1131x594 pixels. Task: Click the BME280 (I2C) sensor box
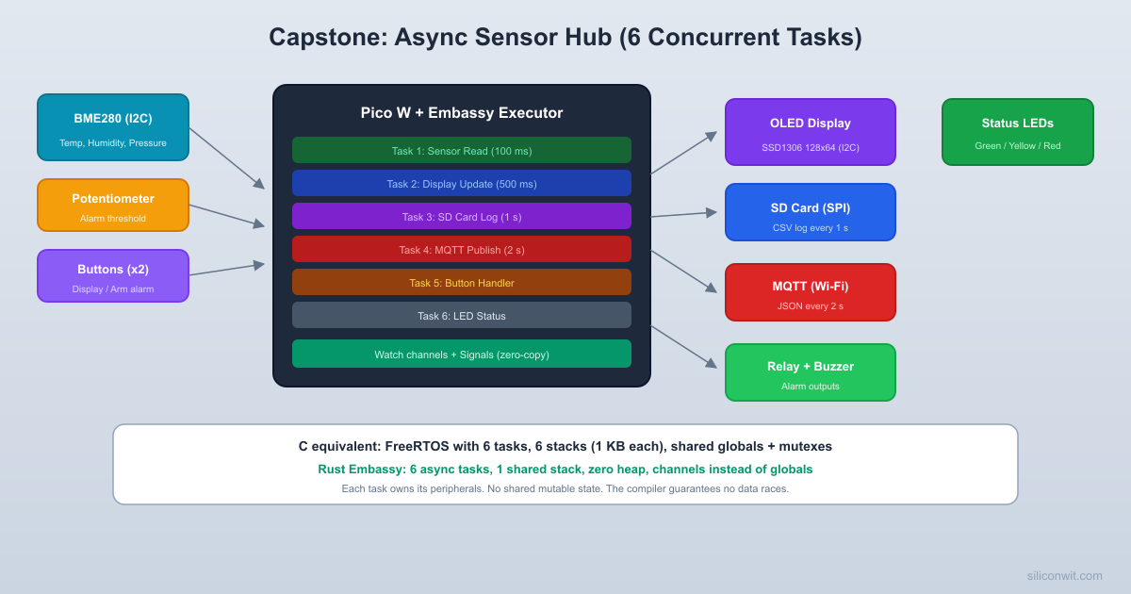pyautogui.click(x=113, y=127)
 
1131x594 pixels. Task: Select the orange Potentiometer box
pyautogui.click(x=113, y=205)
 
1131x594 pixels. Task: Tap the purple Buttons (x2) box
pyautogui.click(x=113, y=275)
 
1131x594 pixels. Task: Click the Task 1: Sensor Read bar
pyautogui.click(x=461, y=150)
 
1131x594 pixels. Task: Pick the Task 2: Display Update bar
pyautogui.click(x=461, y=183)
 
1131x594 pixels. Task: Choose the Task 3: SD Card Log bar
pyautogui.click(x=461, y=216)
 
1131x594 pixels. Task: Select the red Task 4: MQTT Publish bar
pyautogui.click(x=461, y=249)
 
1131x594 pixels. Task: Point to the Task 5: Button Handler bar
pyautogui.click(x=461, y=282)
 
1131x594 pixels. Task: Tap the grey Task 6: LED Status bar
pyautogui.click(x=461, y=315)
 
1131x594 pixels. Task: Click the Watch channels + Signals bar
pyautogui.click(x=461, y=354)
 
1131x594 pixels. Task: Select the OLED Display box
pyautogui.click(x=810, y=132)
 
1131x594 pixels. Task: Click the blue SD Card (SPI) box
pyautogui.click(x=810, y=212)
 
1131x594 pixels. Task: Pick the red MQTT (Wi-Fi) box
pyautogui.click(x=810, y=292)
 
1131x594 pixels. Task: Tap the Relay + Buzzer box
pyautogui.click(x=810, y=372)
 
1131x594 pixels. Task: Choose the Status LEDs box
pyautogui.click(x=1017, y=132)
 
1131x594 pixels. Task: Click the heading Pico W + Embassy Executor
pyautogui.click(x=461, y=113)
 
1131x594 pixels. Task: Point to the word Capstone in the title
pyautogui.click(x=324, y=38)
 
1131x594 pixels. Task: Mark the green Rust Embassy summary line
pyautogui.click(x=565, y=469)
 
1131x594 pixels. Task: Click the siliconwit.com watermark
pyautogui.click(x=1064, y=575)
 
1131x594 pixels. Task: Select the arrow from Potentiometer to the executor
pyautogui.click(x=226, y=215)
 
